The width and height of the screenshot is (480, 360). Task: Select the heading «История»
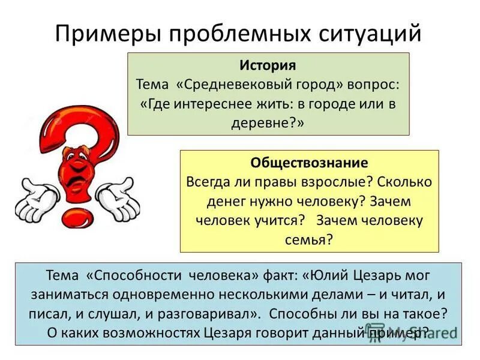coord(268,64)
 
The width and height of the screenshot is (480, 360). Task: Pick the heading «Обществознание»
coord(309,163)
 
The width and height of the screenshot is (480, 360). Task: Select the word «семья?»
coord(309,239)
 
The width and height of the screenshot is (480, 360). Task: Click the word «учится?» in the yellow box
coord(281,220)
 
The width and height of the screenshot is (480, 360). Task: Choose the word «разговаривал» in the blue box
coord(214,314)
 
